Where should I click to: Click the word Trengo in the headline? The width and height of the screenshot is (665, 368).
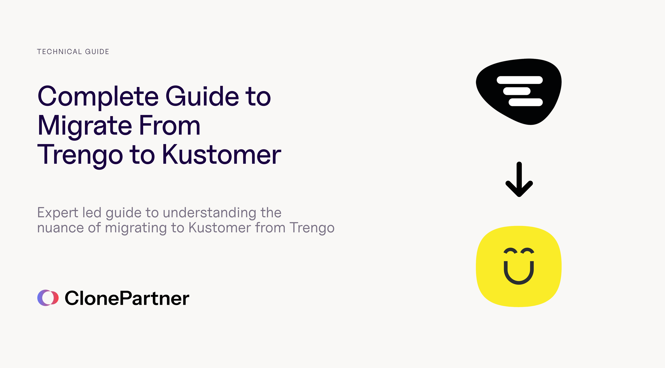click(x=80, y=155)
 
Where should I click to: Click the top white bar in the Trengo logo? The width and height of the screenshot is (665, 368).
click(x=520, y=80)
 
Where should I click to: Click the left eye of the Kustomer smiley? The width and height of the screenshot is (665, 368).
click(x=510, y=251)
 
